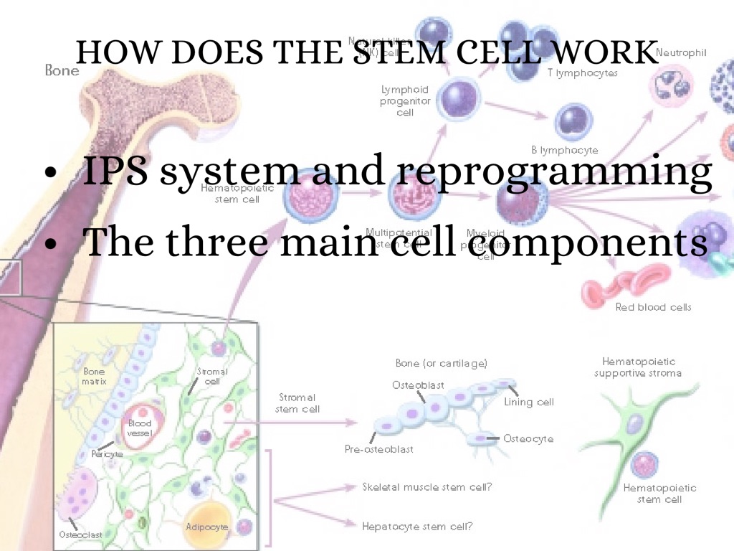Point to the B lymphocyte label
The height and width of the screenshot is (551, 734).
[565, 150]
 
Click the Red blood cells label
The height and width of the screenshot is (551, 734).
[653, 307]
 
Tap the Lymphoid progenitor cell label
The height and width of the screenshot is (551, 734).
[405, 101]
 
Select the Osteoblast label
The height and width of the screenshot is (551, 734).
[418, 385]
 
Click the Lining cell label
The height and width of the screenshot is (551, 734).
[529, 402]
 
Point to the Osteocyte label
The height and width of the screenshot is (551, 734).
[528, 438]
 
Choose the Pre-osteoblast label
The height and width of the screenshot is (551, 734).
[379, 449]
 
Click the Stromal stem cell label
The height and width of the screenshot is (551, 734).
[297, 403]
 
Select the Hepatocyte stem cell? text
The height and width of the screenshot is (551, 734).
[417, 526]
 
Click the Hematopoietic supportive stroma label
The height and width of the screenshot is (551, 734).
[638, 367]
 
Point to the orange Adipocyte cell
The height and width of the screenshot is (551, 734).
[207, 526]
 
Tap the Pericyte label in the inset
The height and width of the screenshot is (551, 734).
[108, 455]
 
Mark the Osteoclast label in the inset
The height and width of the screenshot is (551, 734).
[80, 534]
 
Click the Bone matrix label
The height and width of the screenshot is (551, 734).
[95, 377]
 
